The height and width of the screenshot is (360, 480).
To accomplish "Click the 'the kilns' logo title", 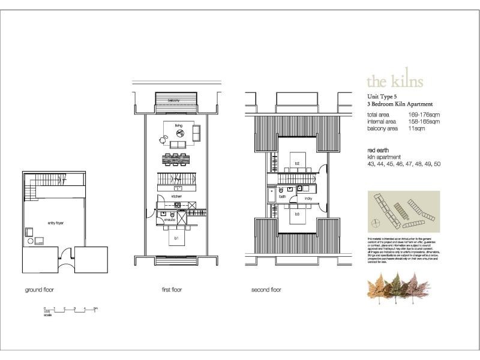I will click(394, 81).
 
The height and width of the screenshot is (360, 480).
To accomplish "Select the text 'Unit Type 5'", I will click(382, 96).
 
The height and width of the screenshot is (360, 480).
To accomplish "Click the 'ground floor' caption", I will click(40, 290).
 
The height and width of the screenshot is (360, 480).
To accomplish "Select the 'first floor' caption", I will click(172, 290).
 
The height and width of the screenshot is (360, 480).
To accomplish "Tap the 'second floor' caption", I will click(266, 290).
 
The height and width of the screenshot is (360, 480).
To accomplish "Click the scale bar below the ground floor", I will click(70, 311).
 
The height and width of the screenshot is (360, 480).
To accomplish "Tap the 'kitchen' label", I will click(176, 196).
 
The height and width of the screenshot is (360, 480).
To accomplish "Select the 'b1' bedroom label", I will click(176, 238).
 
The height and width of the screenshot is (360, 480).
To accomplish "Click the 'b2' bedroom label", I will click(296, 163).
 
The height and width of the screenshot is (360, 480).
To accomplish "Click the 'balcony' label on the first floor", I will click(173, 100).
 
